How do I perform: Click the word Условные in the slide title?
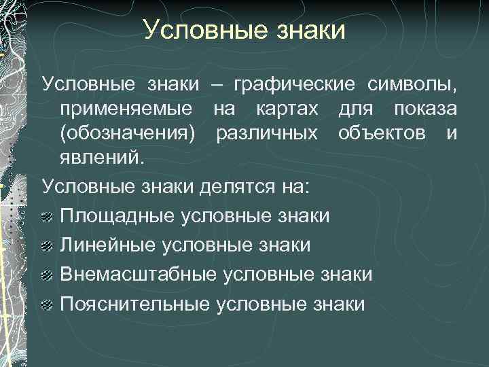pos(196,31)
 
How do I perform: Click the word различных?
pos(276,134)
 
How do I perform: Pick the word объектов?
pos(388,134)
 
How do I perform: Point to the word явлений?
pos(102,158)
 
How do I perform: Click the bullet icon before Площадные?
pos(48,217)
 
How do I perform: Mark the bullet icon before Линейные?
pos(48,246)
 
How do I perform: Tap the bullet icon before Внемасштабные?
pos(48,275)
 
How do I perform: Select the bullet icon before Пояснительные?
pos(48,304)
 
